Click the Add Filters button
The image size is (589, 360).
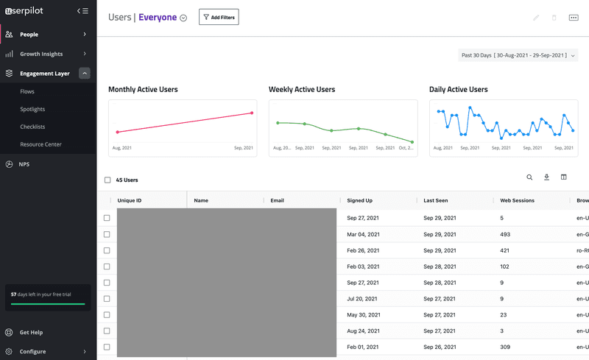coord(219,17)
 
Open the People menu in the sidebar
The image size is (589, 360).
coord(29,35)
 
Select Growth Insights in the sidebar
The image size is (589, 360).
coord(41,54)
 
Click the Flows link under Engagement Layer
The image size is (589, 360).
coord(27,91)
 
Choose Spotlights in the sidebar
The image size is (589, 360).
coord(32,109)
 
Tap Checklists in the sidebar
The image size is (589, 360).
coord(32,127)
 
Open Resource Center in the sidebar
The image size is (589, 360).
coord(40,144)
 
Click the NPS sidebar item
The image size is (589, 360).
coord(24,164)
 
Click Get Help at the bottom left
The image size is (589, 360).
coord(31,333)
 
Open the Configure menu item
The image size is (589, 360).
coord(32,351)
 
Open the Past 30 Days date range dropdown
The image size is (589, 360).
coord(518,55)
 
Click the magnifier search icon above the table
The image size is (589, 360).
coord(529,177)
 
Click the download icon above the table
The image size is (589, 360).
coord(546,177)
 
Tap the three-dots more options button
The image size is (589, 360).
coord(574,18)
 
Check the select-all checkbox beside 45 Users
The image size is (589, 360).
coord(107,180)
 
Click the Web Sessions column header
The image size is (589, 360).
coord(517,200)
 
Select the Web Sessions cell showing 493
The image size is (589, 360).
coord(505,234)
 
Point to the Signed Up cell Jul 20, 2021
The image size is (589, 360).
coord(362,299)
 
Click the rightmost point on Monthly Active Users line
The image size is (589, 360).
coord(252,113)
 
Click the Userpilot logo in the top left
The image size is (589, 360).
coord(25,11)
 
